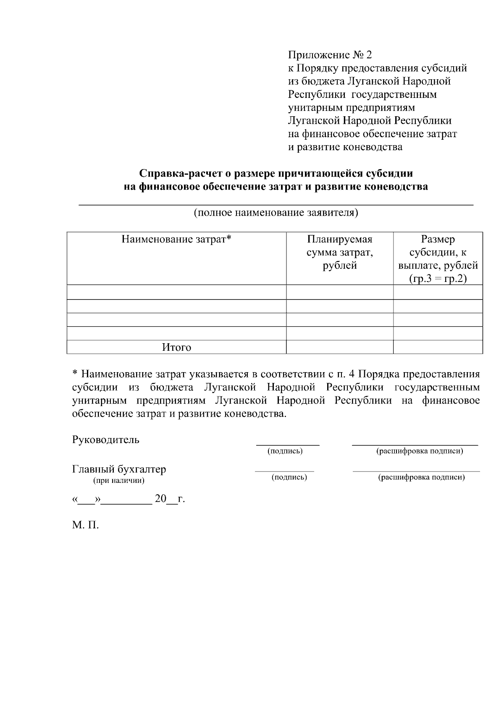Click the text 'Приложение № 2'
[330, 55]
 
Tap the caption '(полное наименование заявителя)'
[276, 212]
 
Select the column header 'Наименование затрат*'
[176, 239]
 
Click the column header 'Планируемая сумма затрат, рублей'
[340, 252]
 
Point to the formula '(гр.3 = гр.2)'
[438, 279]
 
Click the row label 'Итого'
[176, 347]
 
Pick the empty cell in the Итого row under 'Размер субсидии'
[438, 347]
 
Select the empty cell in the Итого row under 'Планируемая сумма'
[340, 347]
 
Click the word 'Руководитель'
[106, 440]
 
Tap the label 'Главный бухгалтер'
[119, 469]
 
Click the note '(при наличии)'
[119, 481]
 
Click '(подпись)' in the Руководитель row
[285, 451]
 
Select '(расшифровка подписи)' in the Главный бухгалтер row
[421, 477]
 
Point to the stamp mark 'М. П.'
[85, 525]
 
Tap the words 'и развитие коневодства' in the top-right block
[345, 147]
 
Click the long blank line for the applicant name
[276, 204]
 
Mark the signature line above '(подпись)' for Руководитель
[288, 444]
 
